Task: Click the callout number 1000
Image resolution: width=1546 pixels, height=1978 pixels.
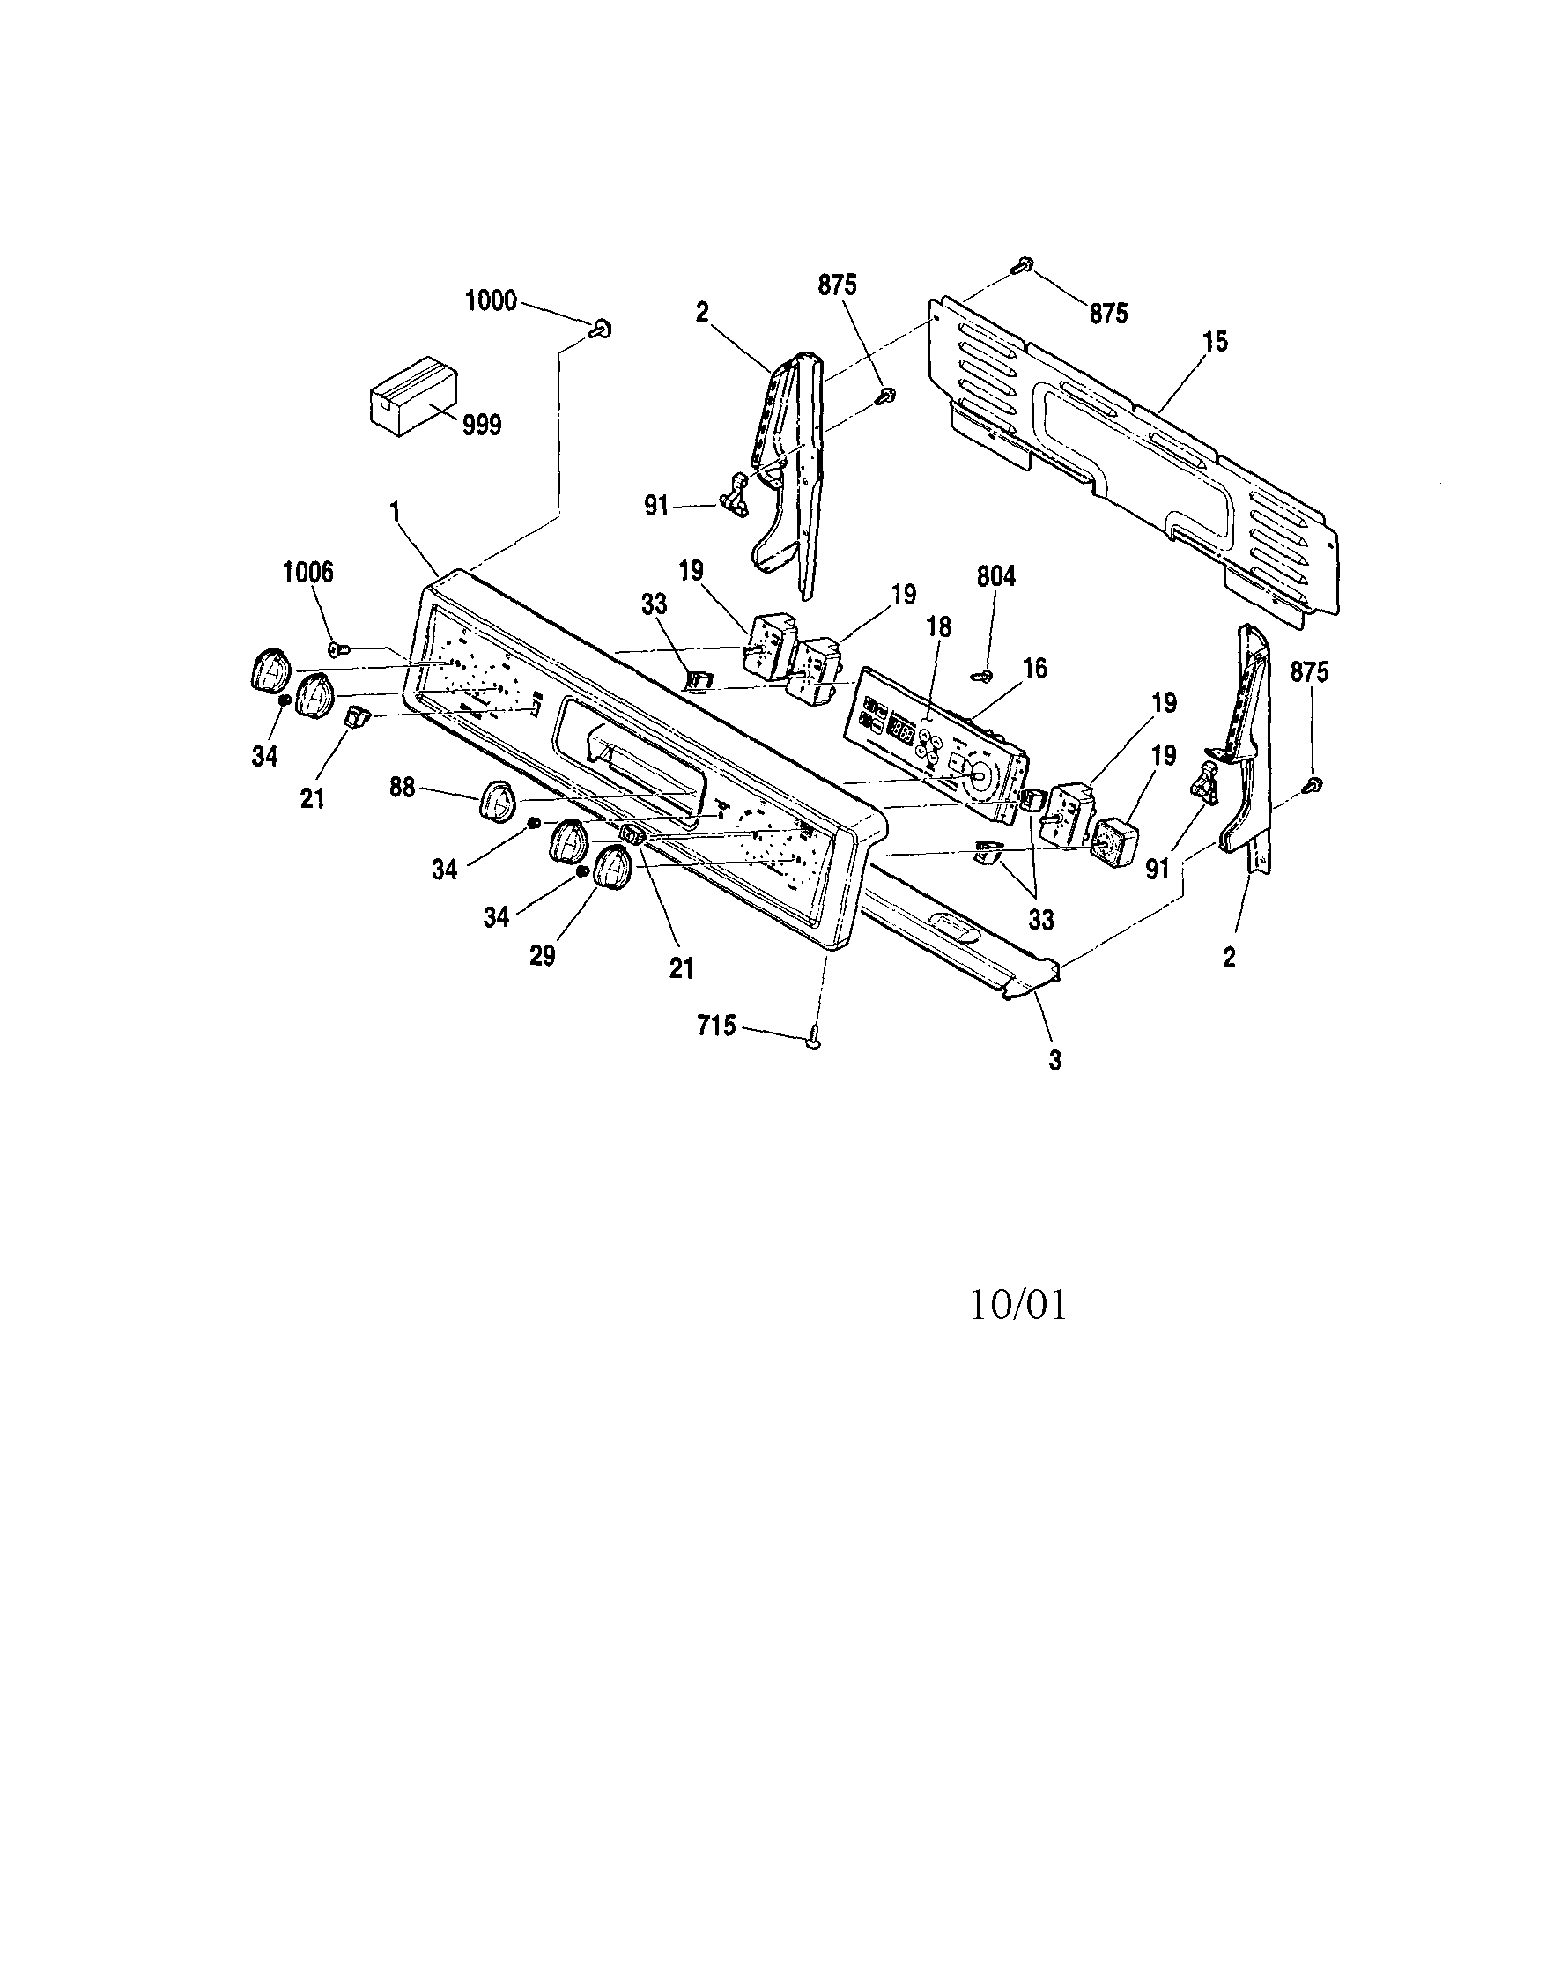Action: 490,300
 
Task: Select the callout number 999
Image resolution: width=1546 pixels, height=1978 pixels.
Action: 482,425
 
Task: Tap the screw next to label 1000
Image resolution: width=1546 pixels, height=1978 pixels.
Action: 602,329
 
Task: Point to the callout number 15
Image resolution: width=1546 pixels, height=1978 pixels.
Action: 1215,343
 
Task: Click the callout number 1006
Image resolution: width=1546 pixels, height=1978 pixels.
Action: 308,572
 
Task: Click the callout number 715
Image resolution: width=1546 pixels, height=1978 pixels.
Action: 716,1026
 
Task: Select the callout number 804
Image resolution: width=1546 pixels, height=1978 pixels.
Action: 996,576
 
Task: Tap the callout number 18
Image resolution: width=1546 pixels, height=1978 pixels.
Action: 938,627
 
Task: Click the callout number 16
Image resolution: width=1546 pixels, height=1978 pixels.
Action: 1035,669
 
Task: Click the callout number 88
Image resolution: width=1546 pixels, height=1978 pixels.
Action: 402,788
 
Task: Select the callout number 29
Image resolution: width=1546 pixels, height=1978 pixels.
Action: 543,956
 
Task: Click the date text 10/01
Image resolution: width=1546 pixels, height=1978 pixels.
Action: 1018,1305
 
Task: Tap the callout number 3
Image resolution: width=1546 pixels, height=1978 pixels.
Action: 1054,1060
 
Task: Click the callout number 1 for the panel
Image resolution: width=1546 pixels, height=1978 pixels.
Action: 395,512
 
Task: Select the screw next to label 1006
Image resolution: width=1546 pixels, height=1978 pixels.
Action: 340,648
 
